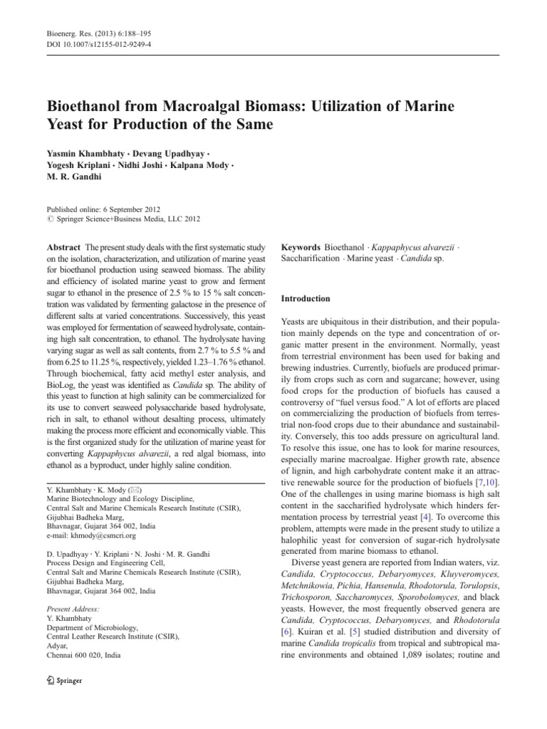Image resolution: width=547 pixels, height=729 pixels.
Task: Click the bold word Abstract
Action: coord(63,245)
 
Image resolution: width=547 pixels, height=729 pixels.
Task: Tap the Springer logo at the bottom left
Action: coord(64,681)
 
